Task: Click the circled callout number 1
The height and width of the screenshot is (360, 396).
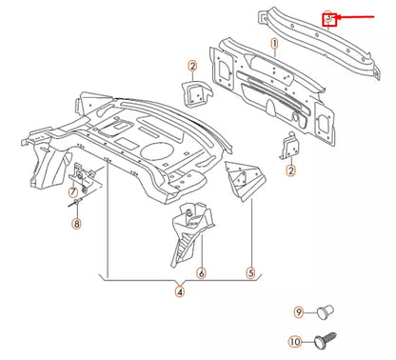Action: point(274,44)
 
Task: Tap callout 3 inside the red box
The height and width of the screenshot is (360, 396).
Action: point(328,17)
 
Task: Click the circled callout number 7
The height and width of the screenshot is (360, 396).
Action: point(73,202)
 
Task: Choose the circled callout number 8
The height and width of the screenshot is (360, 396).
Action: point(77,225)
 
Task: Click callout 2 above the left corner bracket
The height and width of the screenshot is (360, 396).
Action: point(192,66)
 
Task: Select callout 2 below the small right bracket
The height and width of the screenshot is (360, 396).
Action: point(290,170)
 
